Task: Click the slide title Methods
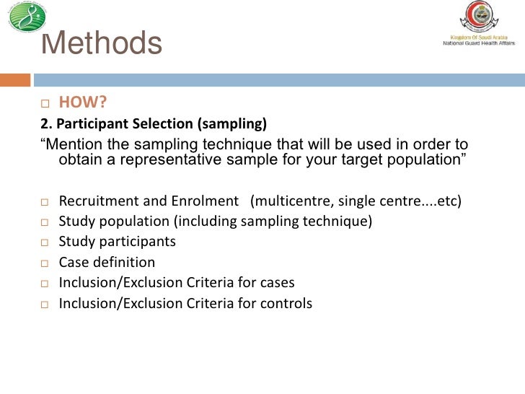[x=102, y=45]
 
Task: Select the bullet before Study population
[x=45, y=222]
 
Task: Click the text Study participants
[x=117, y=242]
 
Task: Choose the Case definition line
[x=107, y=263]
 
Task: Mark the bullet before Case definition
[x=45, y=263]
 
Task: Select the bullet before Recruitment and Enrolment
[x=45, y=201]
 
